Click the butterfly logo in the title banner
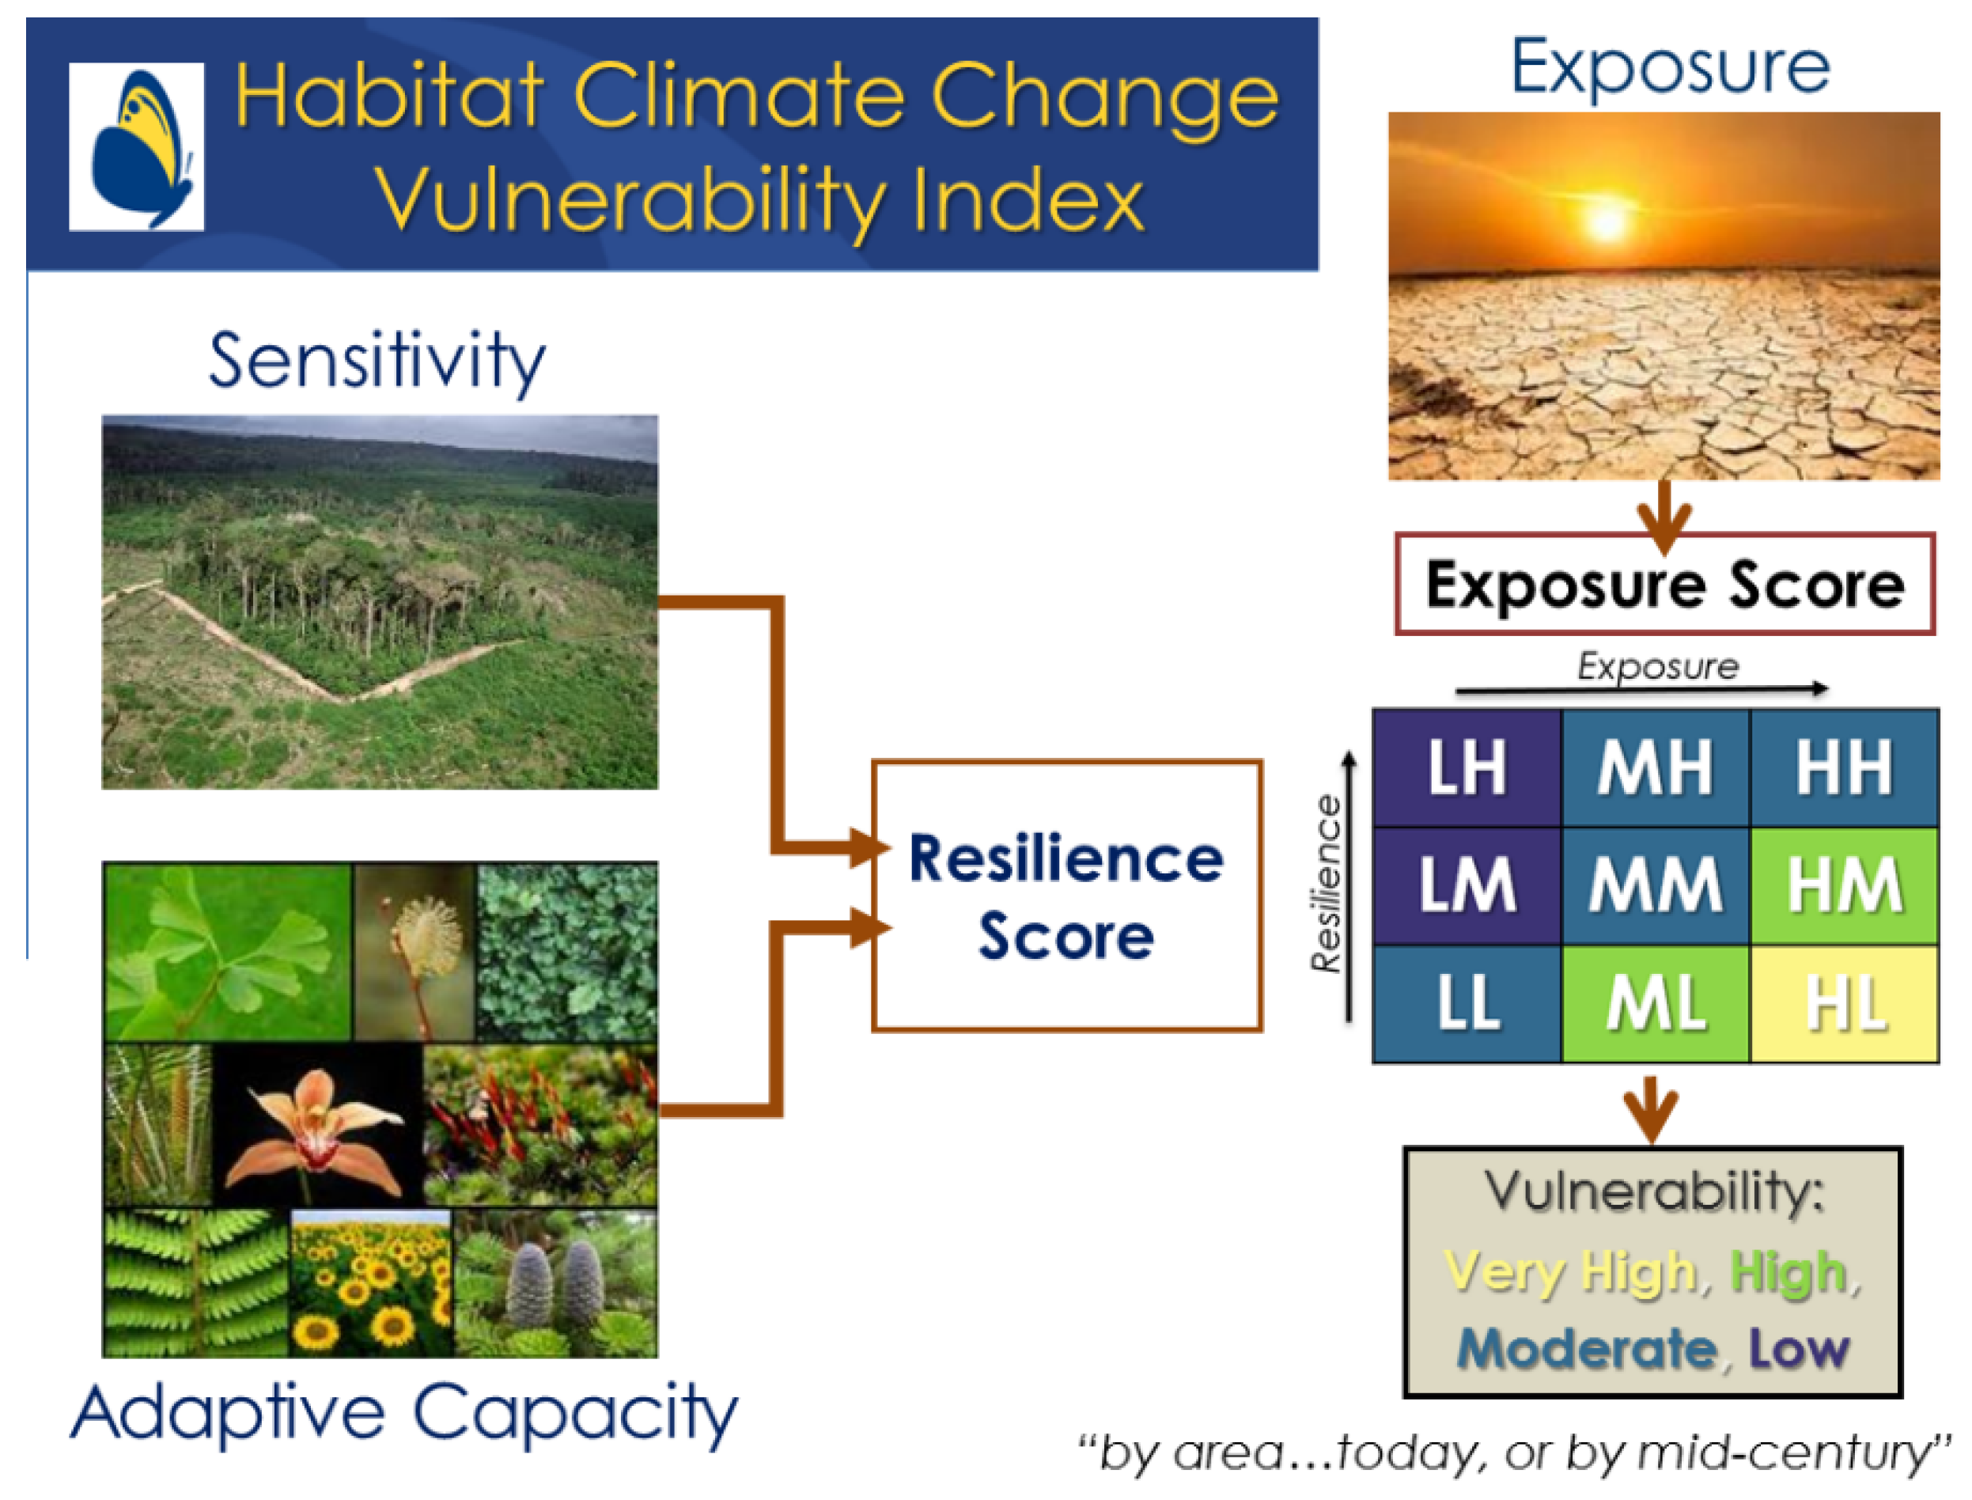[137, 146]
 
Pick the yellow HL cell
[1845, 1004]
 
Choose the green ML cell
[1655, 1004]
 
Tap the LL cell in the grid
[1467, 1004]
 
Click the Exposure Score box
[1665, 585]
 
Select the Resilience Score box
[1067, 896]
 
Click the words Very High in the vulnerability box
[1569, 1271]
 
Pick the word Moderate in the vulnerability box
[1586, 1348]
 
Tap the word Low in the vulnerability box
[1798, 1348]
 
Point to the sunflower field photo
[371, 1283]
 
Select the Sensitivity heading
[377, 361]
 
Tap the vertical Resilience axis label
[1327, 884]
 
